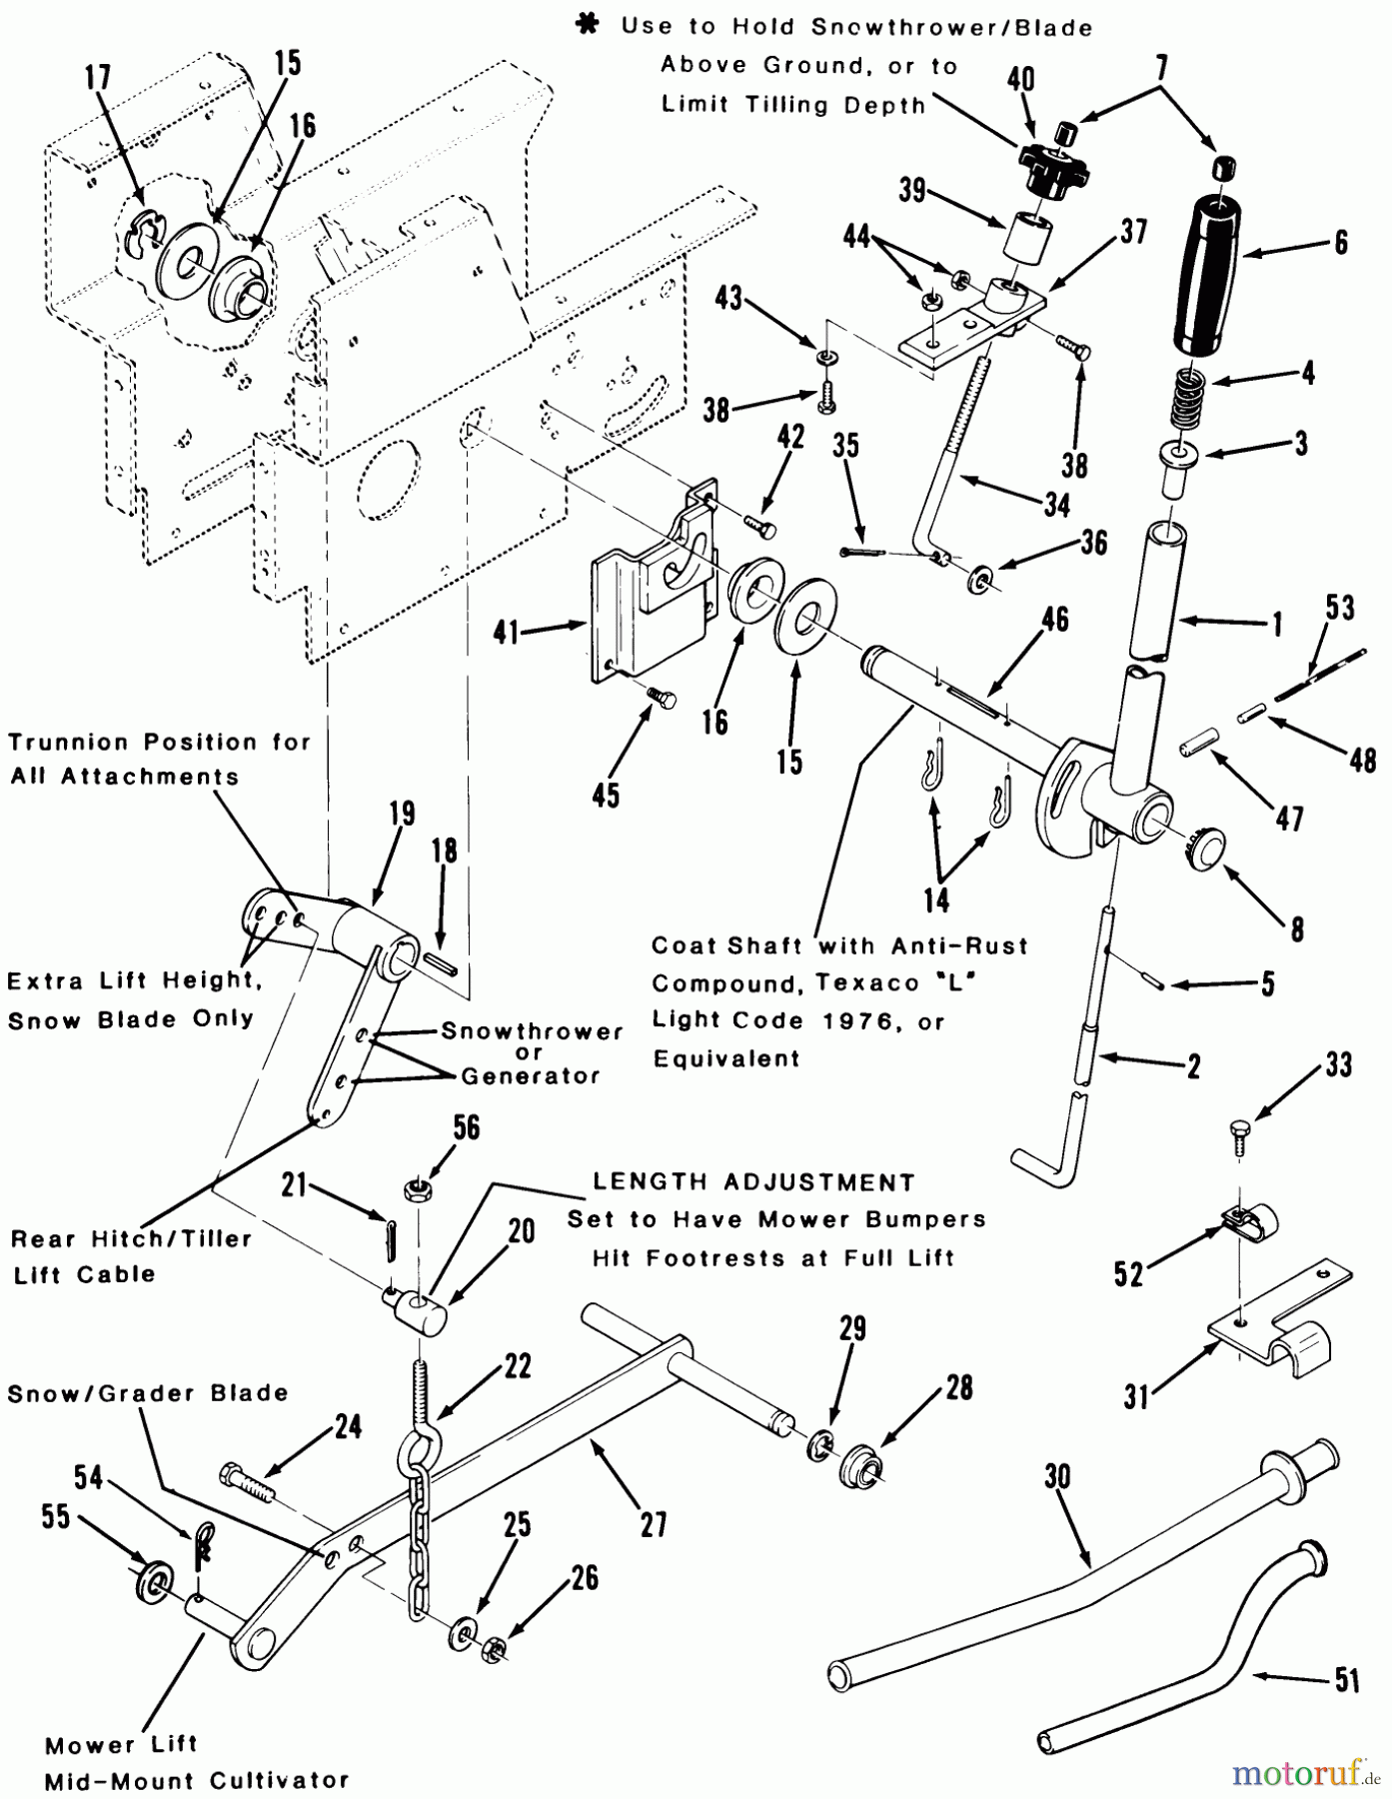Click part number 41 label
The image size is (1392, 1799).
(506, 631)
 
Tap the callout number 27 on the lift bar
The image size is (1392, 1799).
(654, 1525)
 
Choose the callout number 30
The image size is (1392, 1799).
(1057, 1476)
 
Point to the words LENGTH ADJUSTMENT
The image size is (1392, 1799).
(753, 1182)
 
